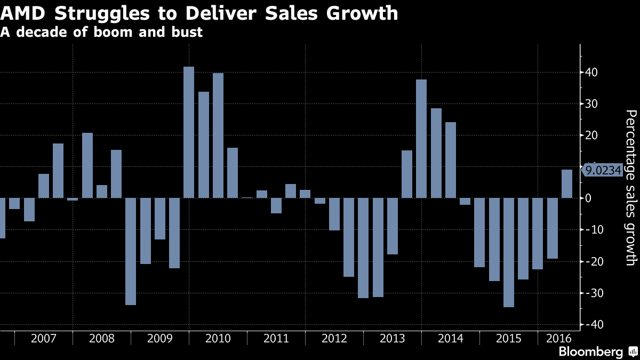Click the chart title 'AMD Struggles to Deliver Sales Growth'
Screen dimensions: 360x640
coord(199,13)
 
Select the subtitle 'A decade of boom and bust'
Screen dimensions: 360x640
coord(101,32)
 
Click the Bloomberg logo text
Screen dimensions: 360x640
coord(590,351)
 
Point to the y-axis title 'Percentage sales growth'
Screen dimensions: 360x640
coord(630,187)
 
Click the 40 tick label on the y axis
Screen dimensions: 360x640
coord(592,73)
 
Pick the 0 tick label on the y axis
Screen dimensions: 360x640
coord(589,198)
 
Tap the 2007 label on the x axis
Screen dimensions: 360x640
coord(43,339)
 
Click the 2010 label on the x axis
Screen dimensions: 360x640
coord(218,339)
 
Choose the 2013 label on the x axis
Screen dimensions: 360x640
coord(392,339)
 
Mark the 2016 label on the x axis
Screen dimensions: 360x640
coord(558,339)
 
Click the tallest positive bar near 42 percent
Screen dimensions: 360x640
coord(189,132)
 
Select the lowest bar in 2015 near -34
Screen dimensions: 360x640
coord(508,252)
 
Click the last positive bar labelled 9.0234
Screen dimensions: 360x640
coord(566,184)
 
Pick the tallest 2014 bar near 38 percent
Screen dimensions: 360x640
coord(421,139)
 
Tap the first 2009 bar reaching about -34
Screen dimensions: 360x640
coord(131,251)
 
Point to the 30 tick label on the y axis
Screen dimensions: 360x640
coord(592,104)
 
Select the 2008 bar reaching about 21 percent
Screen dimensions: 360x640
coord(87,165)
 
